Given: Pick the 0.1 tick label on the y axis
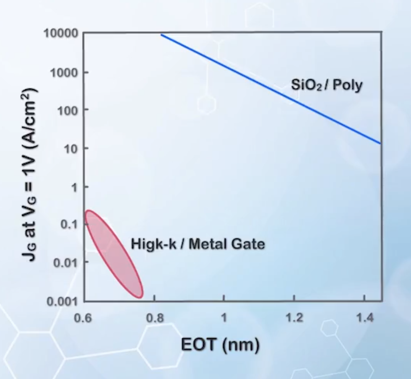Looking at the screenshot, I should [69, 224].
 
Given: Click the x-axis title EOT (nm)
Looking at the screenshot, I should [220, 345].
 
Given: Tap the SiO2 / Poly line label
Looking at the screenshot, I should [327, 86].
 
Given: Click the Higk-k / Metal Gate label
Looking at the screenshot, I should [198, 244].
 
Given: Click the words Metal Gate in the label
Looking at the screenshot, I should [226, 244].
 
